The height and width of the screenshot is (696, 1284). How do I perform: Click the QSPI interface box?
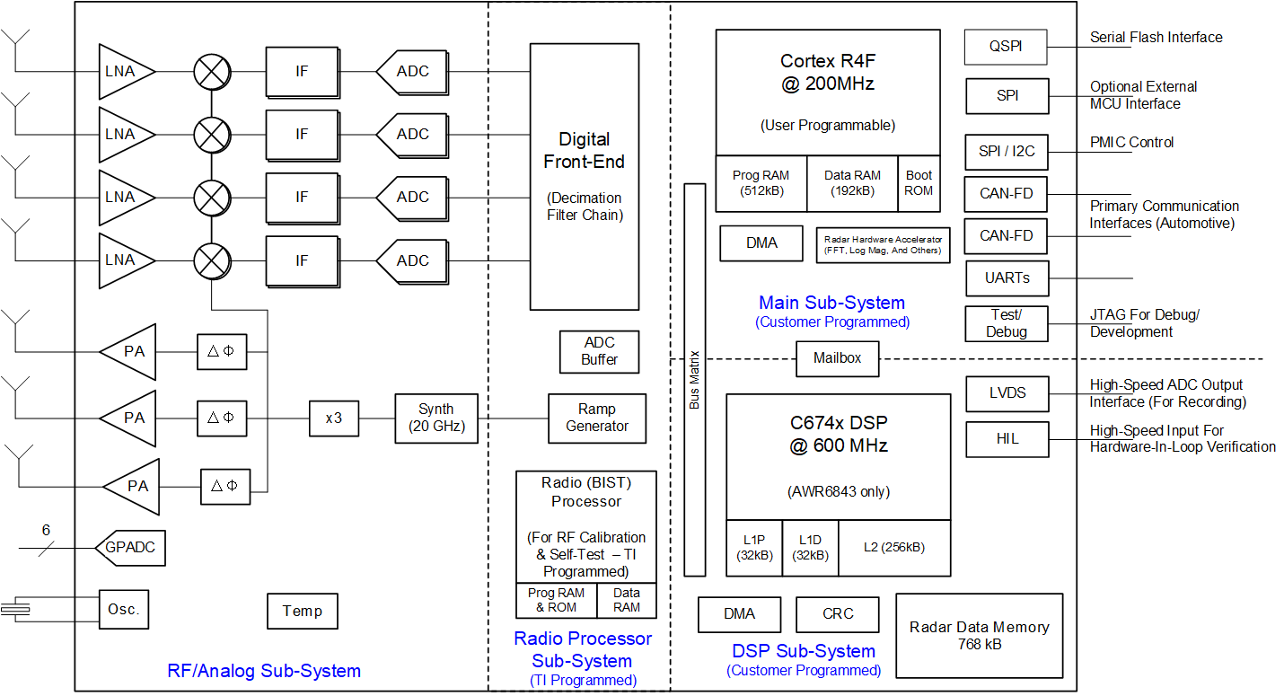(x=1006, y=47)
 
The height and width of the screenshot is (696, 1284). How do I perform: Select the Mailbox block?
(x=837, y=358)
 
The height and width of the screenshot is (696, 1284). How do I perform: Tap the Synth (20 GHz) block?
(x=436, y=418)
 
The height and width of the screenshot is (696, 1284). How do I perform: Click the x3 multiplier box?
(x=333, y=418)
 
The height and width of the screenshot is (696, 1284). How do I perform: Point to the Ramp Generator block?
(x=597, y=418)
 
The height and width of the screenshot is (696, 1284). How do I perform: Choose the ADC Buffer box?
(x=599, y=351)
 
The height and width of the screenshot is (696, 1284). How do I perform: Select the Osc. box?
(x=123, y=610)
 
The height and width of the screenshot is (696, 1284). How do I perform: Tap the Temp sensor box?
(x=303, y=612)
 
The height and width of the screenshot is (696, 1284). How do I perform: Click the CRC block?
(x=838, y=614)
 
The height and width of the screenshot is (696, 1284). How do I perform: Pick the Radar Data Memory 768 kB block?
(x=980, y=636)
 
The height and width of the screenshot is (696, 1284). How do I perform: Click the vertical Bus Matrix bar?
(x=694, y=379)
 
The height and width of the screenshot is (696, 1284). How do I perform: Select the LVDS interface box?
(x=1007, y=393)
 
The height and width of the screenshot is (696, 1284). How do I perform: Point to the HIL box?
(x=1007, y=439)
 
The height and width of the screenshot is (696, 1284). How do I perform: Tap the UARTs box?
(x=1007, y=278)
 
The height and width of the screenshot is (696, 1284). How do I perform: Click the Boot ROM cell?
(x=919, y=183)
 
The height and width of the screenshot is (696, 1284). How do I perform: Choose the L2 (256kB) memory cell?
(x=893, y=548)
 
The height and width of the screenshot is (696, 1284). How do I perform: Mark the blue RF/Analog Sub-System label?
(x=264, y=671)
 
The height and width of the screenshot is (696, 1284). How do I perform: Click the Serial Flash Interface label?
(x=1156, y=38)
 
